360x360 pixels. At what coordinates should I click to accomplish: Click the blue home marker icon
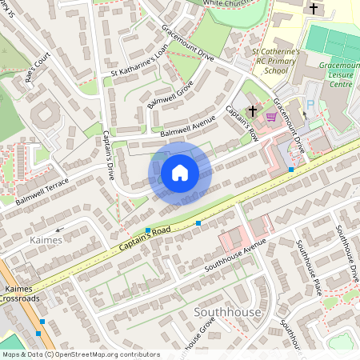[x=180, y=173]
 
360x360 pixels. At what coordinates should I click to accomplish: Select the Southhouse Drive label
[x=348, y=253]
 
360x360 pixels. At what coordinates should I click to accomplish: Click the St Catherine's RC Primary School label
[x=277, y=62]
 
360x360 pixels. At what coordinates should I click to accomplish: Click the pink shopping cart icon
[x=271, y=116]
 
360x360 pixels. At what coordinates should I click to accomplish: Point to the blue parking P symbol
[x=311, y=103]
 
